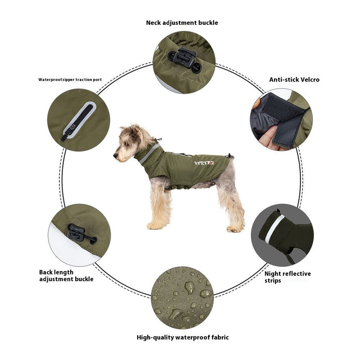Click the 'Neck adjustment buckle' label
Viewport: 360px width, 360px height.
coord(182,22)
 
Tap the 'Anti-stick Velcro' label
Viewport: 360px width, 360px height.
coord(294,80)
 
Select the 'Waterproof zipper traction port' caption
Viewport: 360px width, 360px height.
coord(70,80)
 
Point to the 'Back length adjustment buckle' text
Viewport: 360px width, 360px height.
coord(66,275)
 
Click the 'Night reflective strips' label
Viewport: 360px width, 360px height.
coord(288,277)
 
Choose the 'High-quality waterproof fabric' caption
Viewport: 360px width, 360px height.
coord(182,337)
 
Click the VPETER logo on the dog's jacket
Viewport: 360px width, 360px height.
coord(204,163)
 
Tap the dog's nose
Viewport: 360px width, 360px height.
coord(115,155)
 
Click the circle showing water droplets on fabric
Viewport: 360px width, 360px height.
coord(181,297)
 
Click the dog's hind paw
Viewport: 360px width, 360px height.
coord(234,229)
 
